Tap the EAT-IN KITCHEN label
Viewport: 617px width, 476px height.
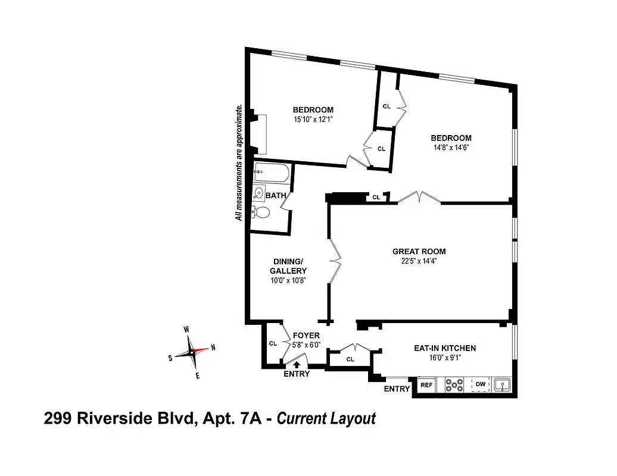tap(444, 348)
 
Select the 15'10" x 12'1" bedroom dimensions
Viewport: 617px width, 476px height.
tap(313, 120)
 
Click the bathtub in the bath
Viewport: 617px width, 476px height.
tap(271, 173)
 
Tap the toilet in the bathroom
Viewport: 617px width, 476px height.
tap(261, 212)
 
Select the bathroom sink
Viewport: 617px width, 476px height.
tap(259, 193)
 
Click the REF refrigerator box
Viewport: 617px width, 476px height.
tap(426, 386)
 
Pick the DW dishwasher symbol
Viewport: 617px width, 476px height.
tap(481, 386)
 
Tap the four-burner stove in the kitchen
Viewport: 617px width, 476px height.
tap(454, 386)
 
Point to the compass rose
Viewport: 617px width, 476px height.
tap(192, 351)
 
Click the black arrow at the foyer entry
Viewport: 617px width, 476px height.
tap(297, 364)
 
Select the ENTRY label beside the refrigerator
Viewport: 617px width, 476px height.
tap(397, 389)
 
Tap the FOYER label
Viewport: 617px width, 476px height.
tap(306, 336)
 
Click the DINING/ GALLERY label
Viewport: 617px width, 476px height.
tap(289, 266)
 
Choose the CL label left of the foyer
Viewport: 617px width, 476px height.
tap(273, 343)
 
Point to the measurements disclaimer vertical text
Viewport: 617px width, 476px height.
tap(239, 162)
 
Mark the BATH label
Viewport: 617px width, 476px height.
tap(276, 195)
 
